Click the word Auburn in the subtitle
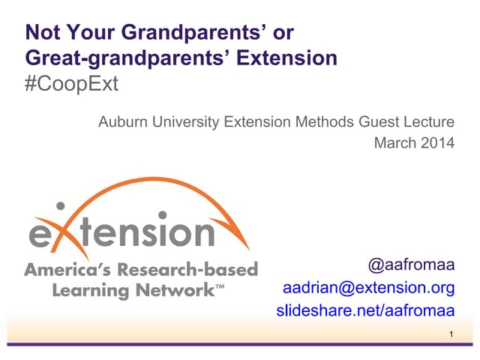124,121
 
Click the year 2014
437,142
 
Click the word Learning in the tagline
87,289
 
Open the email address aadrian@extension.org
368,288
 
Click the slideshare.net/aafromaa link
366,310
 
